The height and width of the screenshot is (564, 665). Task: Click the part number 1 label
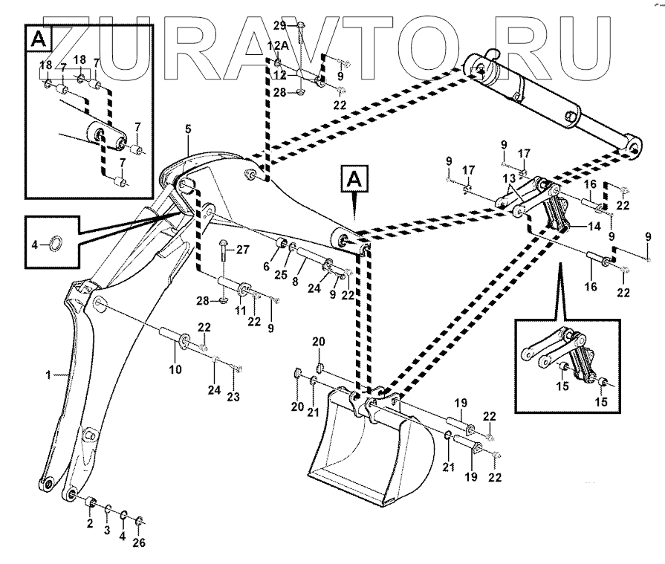pos(49,377)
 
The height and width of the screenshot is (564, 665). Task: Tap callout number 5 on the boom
pos(188,129)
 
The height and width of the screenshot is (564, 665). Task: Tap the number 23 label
pos(233,397)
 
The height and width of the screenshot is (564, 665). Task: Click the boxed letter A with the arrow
pos(355,181)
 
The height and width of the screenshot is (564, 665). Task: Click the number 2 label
pos(89,524)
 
